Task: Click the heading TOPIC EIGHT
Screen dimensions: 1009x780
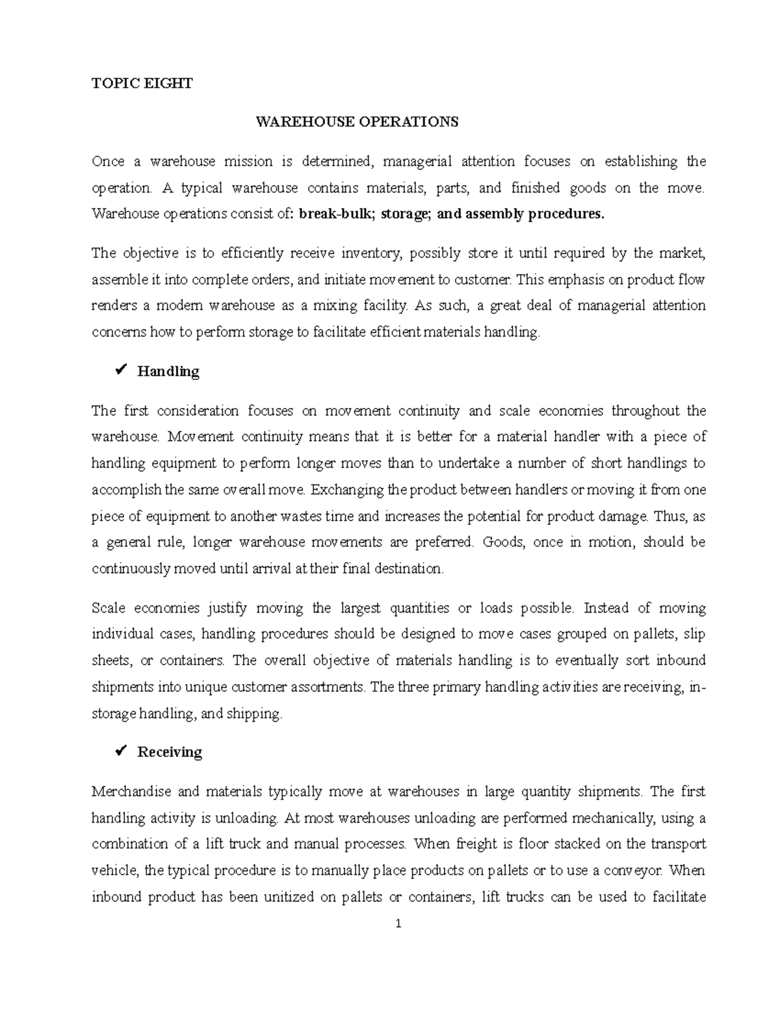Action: [x=142, y=83]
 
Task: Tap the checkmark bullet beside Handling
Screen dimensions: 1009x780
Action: [x=120, y=371]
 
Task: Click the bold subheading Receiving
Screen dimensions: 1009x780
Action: [x=170, y=752]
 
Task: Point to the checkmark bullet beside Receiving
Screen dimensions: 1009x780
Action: [x=120, y=752]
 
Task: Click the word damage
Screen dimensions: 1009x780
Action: [x=622, y=516]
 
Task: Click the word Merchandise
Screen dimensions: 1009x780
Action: [x=132, y=791]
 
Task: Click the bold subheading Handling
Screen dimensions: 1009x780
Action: [x=168, y=372]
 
